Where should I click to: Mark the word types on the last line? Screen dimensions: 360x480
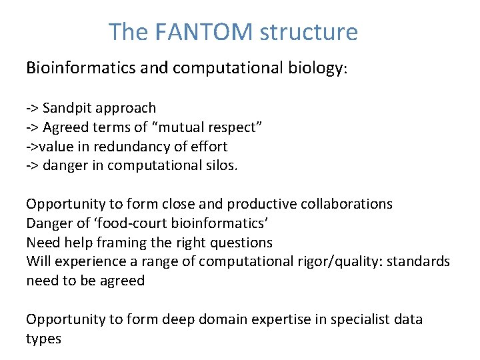(x=43, y=339)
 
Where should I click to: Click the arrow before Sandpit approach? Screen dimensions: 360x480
(x=32, y=108)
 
